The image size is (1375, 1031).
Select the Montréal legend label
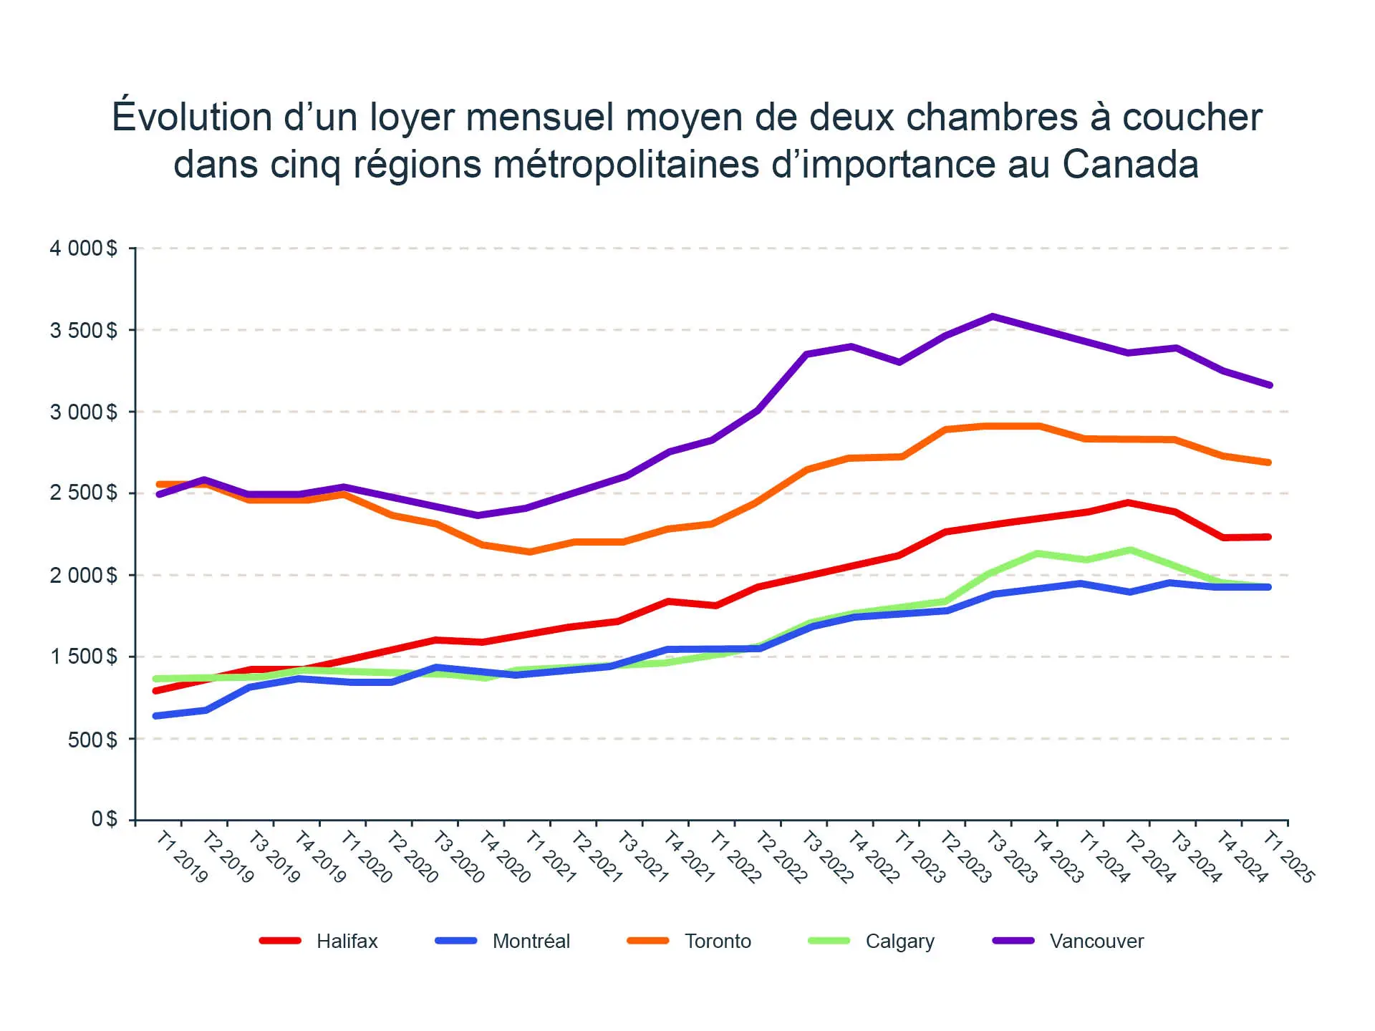click(x=531, y=941)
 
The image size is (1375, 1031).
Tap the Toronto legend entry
click(x=718, y=941)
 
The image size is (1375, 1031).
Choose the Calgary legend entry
click(x=899, y=941)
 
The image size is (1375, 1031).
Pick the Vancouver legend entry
click(x=1096, y=941)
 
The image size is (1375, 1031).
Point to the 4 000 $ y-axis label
click(x=83, y=248)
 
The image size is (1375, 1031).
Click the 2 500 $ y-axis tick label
click(x=83, y=493)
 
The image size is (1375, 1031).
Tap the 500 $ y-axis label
click(x=92, y=740)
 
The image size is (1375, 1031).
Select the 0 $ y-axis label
click(x=105, y=819)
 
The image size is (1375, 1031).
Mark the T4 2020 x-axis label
click(x=505, y=856)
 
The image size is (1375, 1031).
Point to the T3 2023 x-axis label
click(x=1012, y=856)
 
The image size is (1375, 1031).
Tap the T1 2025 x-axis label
click(x=1289, y=856)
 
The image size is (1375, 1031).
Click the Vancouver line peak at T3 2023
click(x=993, y=316)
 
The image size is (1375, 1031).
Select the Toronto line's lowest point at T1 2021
click(x=529, y=551)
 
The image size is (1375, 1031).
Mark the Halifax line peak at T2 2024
click(x=1129, y=503)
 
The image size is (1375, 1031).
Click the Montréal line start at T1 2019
click(x=157, y=716)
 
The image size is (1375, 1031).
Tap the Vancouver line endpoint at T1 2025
click(x=1269, y=385)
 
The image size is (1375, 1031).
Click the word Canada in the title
click(x=1130, y=164)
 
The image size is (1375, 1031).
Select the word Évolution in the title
click(x=192, y=117)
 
